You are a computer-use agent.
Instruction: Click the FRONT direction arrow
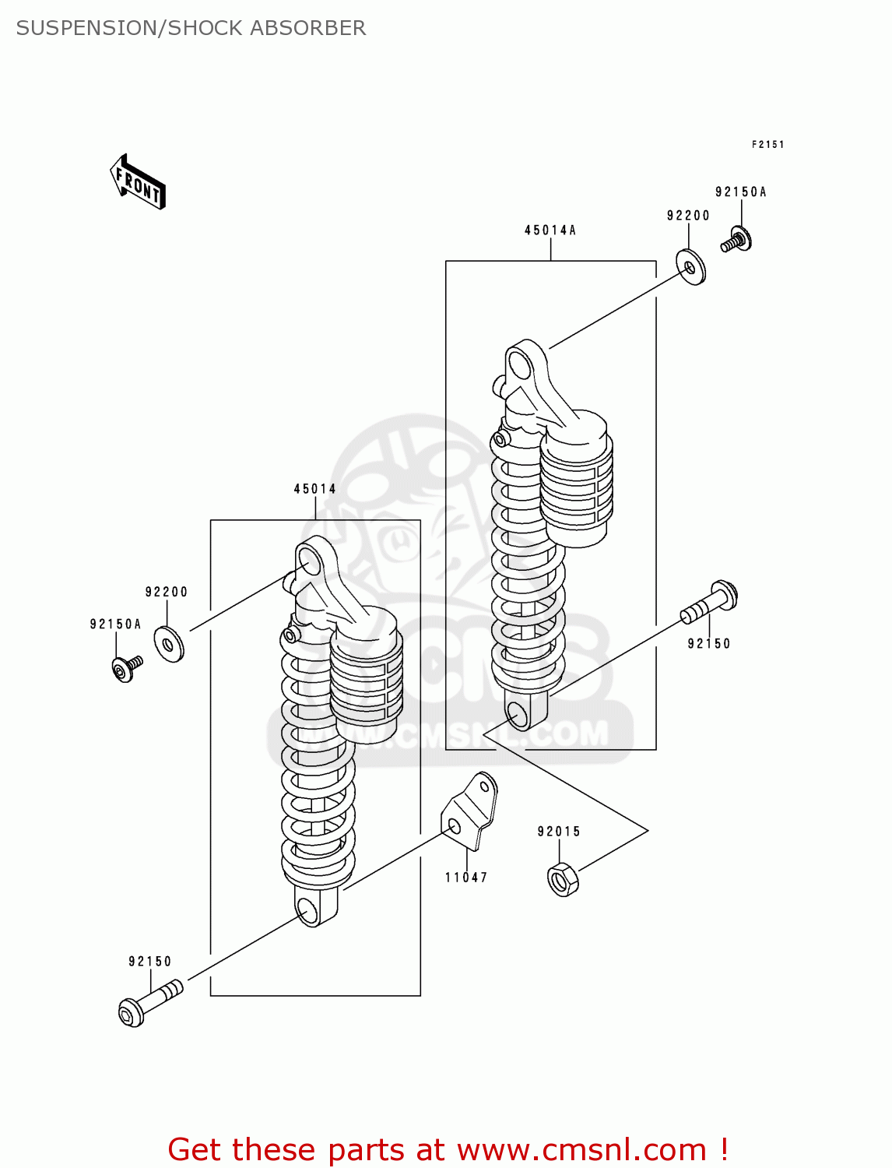point(138,182)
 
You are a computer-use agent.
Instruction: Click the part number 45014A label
point(550,230)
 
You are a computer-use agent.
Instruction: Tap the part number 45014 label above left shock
point(315,489)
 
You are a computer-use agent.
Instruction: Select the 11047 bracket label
point(466,878)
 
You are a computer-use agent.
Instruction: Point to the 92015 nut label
point(559,832)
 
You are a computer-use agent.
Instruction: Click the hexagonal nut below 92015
point(563,880)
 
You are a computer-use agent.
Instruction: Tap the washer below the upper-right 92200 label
point(690,267)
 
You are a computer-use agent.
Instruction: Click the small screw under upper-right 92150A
point(736,241)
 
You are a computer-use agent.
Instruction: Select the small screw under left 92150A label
point(126,669)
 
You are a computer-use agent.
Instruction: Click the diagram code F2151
point(767,145)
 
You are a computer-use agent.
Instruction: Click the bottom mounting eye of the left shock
point(308,909)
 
